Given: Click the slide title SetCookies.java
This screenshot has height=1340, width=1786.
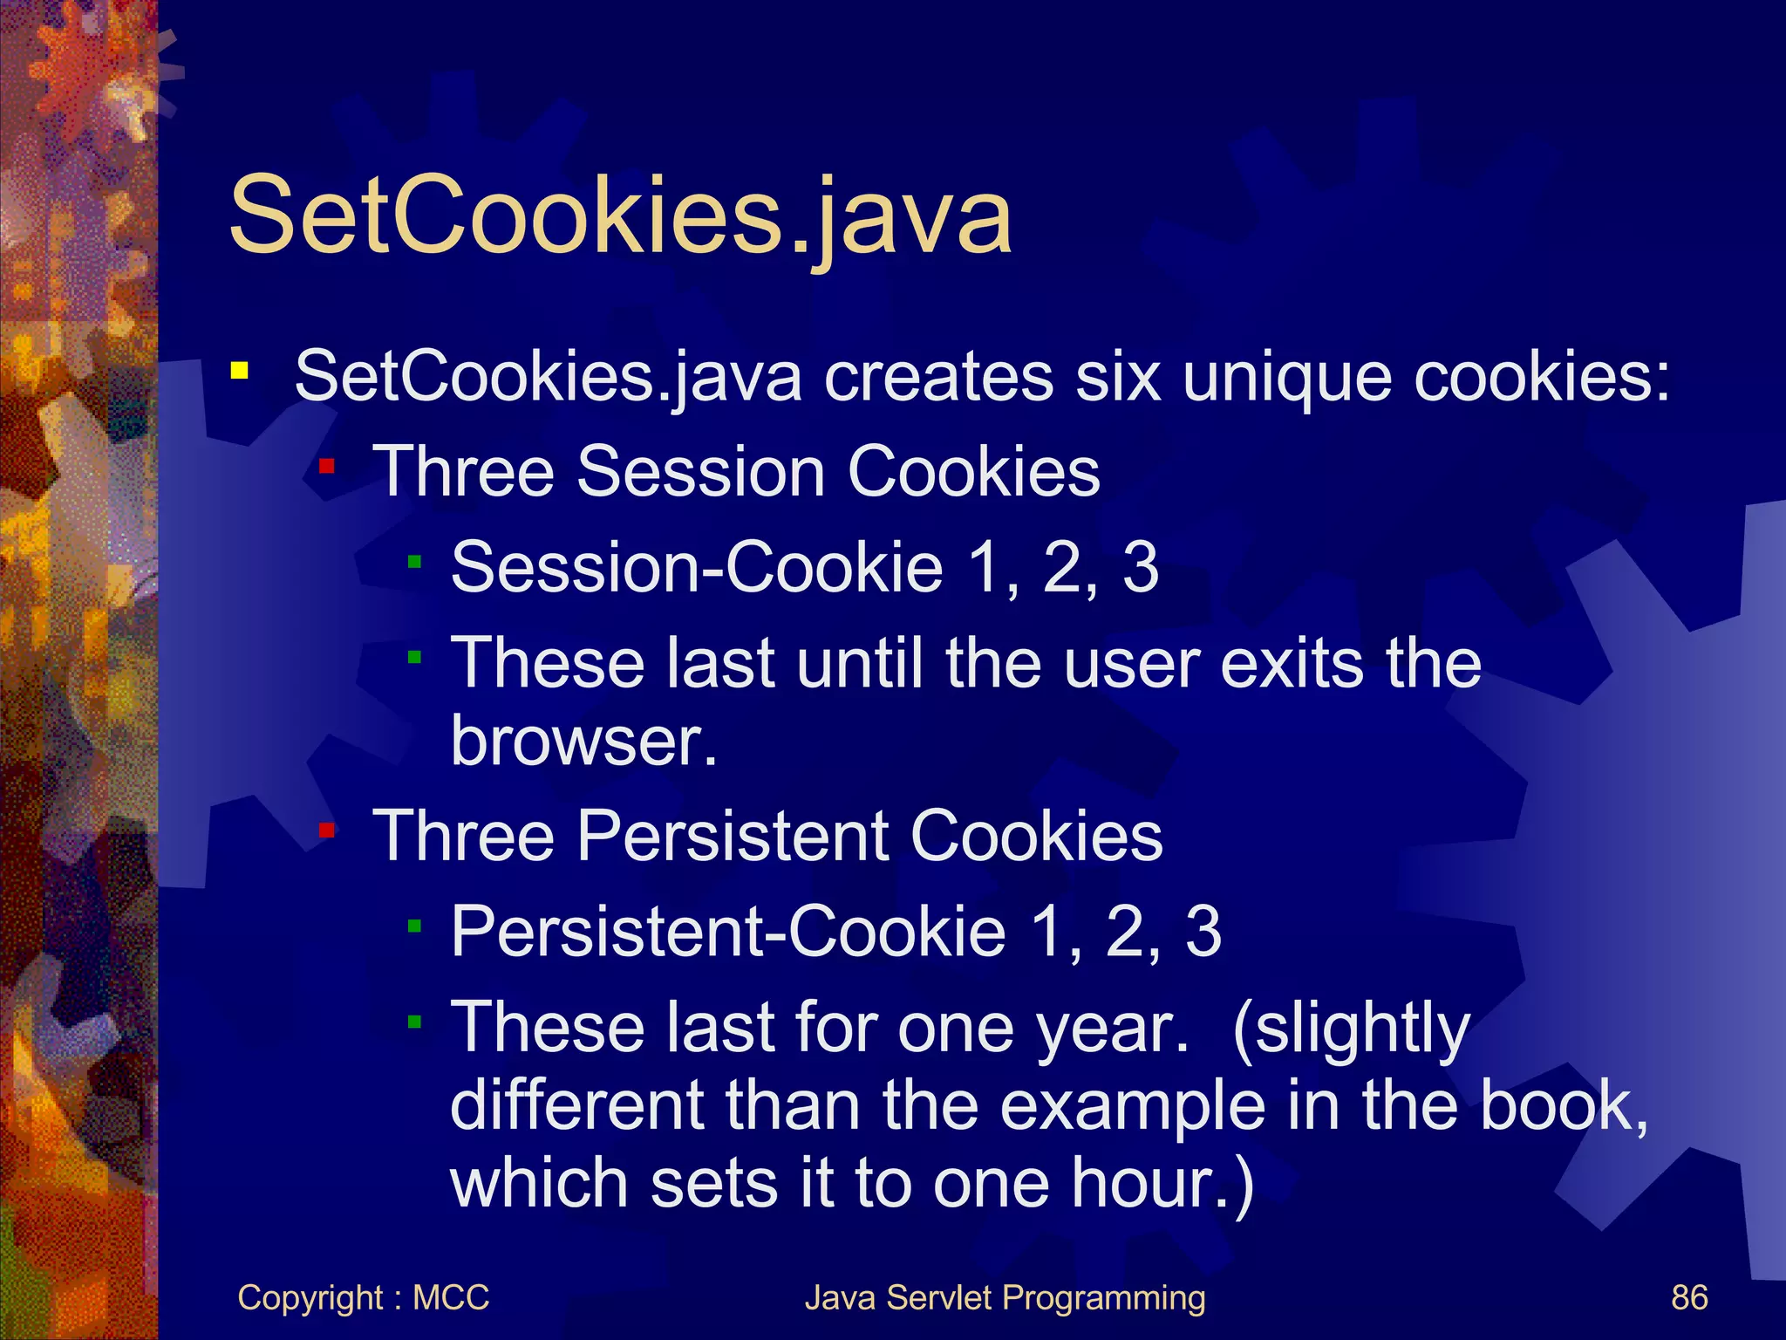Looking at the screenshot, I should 620,215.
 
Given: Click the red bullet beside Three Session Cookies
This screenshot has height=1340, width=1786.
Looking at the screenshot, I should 327,467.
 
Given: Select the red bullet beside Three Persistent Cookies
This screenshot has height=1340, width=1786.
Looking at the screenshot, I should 327,830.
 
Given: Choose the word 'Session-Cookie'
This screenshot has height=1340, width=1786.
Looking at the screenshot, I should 697,567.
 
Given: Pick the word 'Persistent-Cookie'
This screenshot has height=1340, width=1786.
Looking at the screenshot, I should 728,931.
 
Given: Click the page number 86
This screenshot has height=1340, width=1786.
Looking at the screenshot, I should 1689,1297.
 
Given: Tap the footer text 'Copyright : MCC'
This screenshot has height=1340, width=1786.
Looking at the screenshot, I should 363,1297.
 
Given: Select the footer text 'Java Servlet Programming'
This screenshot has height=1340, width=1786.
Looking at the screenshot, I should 1005,1297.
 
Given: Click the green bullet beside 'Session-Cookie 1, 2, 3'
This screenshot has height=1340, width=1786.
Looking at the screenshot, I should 415,563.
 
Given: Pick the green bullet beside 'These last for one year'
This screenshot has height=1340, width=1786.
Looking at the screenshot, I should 415,1021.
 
